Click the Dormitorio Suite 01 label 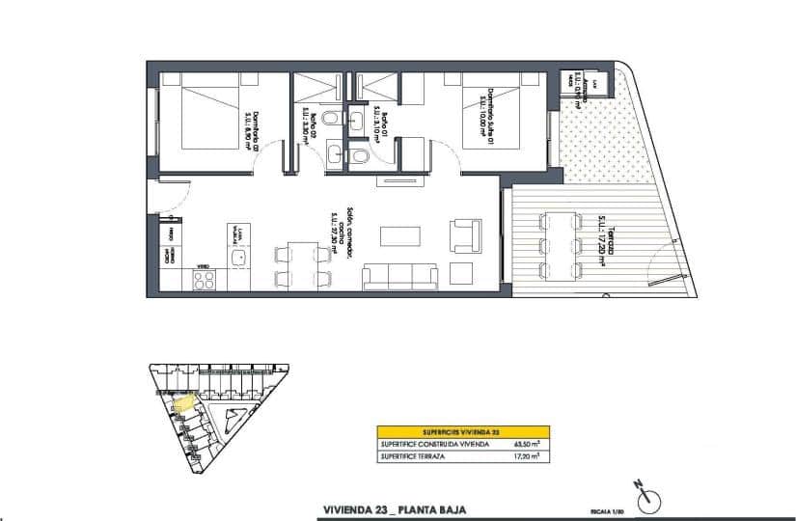489,117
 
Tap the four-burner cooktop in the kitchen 205,279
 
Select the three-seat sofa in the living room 402,277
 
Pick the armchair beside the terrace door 465,234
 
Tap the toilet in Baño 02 330,118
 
